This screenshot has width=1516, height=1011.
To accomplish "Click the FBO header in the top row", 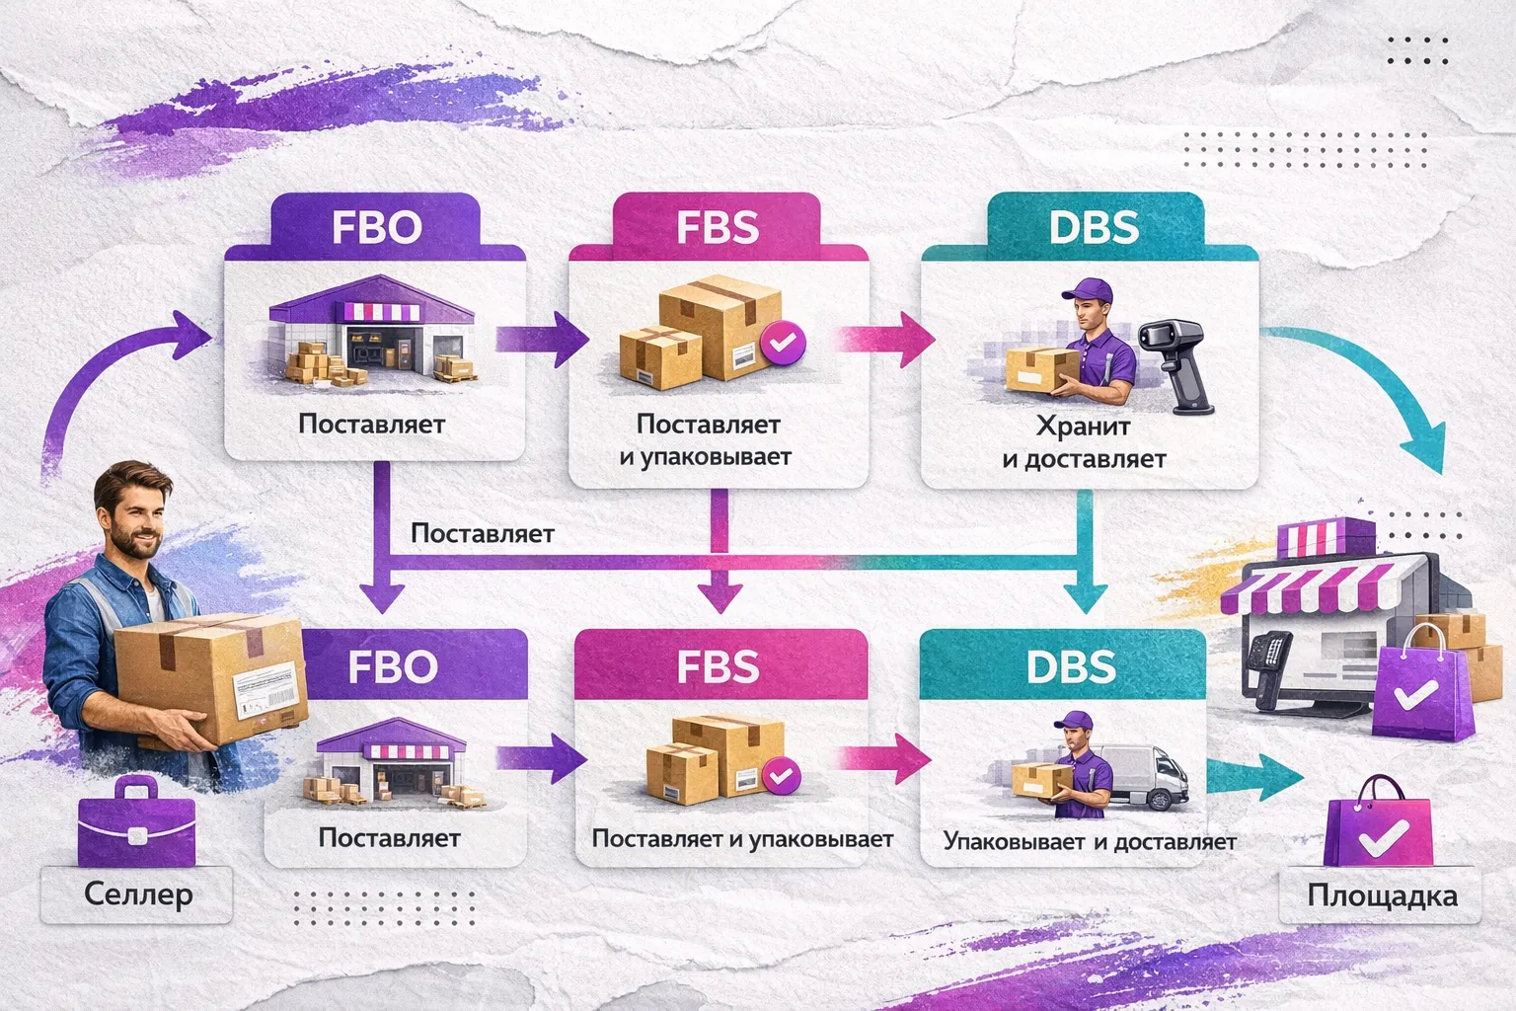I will (x=376, y=227).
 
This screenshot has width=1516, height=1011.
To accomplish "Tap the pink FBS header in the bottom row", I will (x=718, y=666).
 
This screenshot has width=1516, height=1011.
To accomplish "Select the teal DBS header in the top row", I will (x=1094, y=227).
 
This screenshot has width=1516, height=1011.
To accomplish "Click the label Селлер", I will (x=137, y=894).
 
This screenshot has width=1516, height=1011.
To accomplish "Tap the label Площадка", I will (x=1382, y=895).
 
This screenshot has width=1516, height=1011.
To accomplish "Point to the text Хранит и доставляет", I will (x=1084, y=442).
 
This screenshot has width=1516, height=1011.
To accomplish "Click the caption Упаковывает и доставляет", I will (x=1089, y=841).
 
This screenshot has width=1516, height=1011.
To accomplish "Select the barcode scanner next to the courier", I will (x=1178, y=360).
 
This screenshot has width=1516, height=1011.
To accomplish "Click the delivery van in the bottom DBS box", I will (x=1150, y=775).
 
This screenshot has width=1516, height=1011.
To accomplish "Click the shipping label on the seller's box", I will (x=265, y=687).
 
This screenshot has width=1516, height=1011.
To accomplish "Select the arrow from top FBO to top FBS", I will (x=542, y=339).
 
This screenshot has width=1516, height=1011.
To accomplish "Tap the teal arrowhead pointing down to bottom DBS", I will (x=1090, y=596).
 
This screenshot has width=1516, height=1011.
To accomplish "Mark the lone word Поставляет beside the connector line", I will (x=482, y=533).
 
